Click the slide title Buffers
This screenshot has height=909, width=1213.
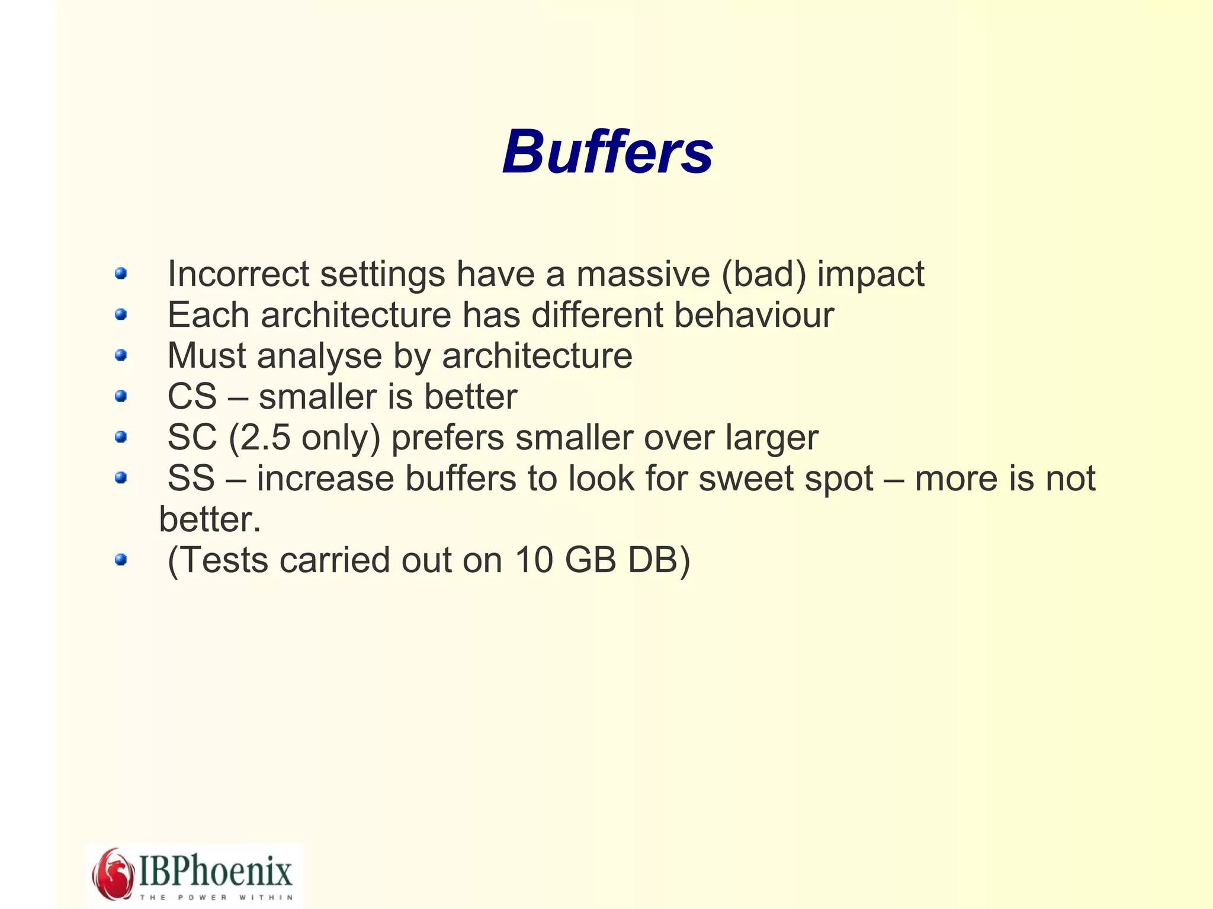tap(607, 153)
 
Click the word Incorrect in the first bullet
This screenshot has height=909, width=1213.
tap(238, 274)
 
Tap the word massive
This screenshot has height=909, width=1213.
tap(643, 274)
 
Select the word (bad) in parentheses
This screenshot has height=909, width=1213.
tap(763, 274)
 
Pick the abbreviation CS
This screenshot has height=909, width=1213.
tap(192, 397)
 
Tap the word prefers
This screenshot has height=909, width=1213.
tap(448, 439)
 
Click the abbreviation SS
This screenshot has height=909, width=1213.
tap(191, 478)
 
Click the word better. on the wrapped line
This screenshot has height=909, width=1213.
tap(210, 519)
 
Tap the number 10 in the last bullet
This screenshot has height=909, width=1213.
tap(534, 560)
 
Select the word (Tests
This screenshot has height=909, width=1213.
tap(217, 560)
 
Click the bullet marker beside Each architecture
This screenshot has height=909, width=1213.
tap(121, 314)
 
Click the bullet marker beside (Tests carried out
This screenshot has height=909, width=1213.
tap(121, 560)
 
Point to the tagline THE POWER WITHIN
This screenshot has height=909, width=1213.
tap(216, 897)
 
